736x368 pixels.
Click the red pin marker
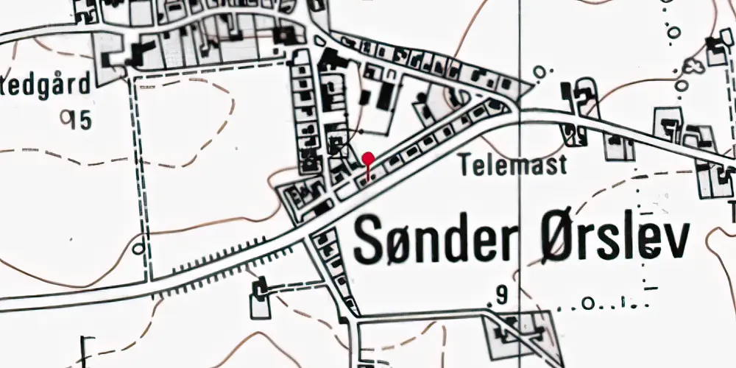pos(369,158)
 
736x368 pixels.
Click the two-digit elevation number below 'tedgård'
pos(77,119)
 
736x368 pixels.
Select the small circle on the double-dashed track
pos(138,249)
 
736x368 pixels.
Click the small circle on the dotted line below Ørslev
pos(587,302)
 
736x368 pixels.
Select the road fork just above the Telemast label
pos(514,109)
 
